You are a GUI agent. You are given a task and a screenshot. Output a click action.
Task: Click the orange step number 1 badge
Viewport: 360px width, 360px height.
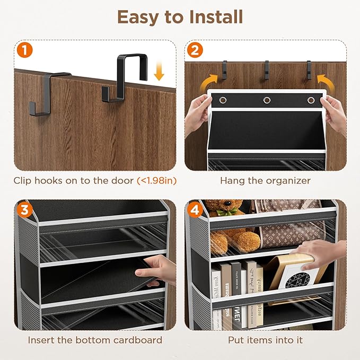(x=23, y=51)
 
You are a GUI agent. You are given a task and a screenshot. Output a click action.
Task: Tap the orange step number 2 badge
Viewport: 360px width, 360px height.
(x=195, y=51)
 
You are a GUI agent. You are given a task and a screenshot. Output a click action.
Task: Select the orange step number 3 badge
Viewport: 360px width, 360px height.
(x=23, y=210)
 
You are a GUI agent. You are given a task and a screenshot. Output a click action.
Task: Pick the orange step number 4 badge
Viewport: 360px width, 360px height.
(x=195, y=210)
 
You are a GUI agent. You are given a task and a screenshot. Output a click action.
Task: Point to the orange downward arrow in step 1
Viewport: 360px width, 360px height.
(x=159, y=72)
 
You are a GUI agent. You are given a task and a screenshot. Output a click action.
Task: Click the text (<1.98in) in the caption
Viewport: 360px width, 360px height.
(x=157, y=181)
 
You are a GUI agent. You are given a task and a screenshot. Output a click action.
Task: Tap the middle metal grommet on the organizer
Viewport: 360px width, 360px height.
(x=266, y=100)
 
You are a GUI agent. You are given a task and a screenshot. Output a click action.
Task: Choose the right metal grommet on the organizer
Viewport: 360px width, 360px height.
(x=310, y=100)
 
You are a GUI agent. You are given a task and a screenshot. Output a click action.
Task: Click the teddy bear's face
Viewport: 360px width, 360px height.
(x=222, y=209)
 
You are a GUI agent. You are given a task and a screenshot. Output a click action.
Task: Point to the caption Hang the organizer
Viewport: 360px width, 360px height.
(x=265, y=181)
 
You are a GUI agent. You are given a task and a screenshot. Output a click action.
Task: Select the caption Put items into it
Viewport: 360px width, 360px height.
(x=265, y=340)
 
